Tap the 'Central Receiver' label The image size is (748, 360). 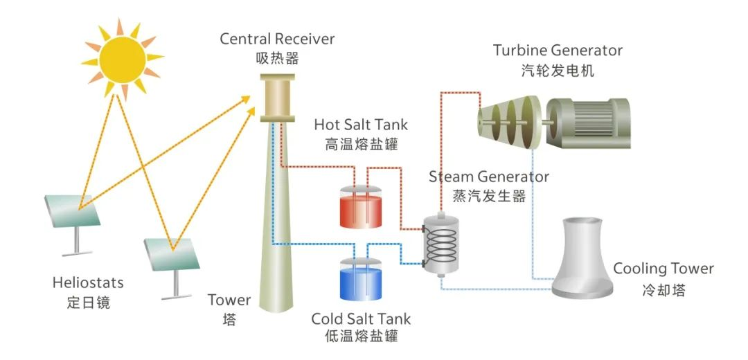point(277,39)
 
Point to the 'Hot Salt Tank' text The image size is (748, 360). point(361,125)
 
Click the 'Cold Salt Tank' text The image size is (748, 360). point(361,319)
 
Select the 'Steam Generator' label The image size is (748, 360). point(489,177)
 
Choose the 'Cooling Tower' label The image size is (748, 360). point(663,269)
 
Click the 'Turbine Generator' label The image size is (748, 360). point(558,51)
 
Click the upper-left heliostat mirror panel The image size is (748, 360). point(73,208)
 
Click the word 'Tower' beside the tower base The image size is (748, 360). point(229,300)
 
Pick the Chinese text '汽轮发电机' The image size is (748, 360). point(558,71)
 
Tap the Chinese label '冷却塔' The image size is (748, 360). point(663,290)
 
